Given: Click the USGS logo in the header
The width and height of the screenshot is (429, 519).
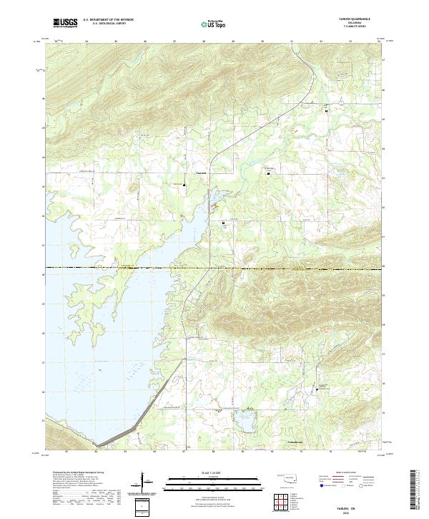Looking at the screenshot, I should [66, 23].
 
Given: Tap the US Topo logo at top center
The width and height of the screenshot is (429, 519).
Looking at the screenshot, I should [214, 24].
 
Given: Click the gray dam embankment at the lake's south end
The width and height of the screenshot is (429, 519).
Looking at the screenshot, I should [136, 422].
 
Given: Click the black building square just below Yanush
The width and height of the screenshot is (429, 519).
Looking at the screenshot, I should [184, 187].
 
